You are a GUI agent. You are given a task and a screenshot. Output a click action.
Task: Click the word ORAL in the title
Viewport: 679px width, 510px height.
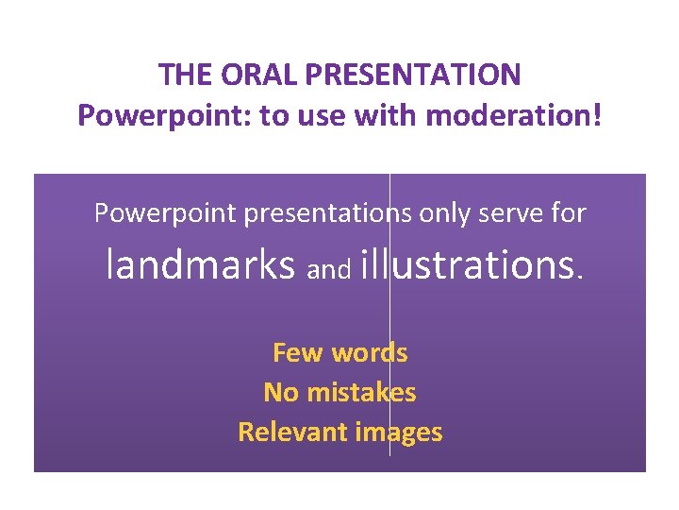pos(251,74)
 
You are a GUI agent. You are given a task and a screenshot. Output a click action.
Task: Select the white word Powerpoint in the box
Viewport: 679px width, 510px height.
pos(166,213)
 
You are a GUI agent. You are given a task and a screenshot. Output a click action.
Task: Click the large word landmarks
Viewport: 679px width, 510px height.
pos(202,265)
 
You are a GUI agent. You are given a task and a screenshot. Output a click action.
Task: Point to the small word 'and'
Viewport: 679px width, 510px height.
pos(329,271)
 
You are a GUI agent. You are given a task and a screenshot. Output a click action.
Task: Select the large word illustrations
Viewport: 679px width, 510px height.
pos(472,265)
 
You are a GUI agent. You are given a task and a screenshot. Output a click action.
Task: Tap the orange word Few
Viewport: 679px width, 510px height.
pos(297,353)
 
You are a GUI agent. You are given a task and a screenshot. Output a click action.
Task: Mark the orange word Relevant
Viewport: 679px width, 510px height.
pos(294,433)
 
